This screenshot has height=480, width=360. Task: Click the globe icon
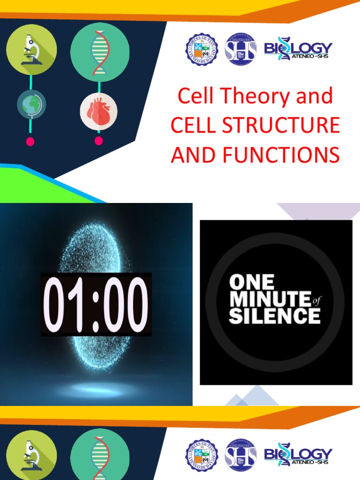pyautogui.click(x=31, y=104)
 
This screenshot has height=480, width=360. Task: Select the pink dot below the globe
pyautogui.click(x=30, y=142)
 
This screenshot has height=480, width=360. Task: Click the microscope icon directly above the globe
pyautogui.click(x=31, y=49)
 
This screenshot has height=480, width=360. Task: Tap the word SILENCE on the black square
pyautogui.click(x=274, y=316)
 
